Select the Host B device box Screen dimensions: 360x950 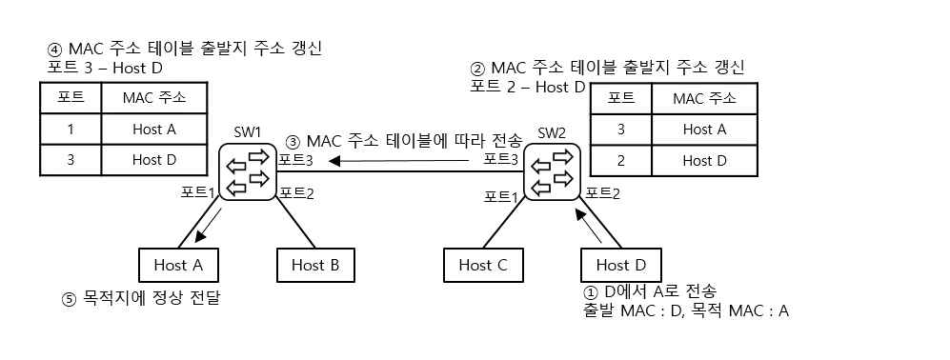pyautogui.click(x=315, y=265)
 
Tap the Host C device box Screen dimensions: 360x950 pyautogui.click(x=482, y=265)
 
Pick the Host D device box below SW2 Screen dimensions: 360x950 pyautogui.click(x=619, y=265)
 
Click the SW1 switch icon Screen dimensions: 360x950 pyautogui.click(x=247, y=171)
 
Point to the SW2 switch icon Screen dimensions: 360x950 pyautogui.click(x=552, y=171)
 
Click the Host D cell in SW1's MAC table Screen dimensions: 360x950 pyautogui.click(x=154, y=160)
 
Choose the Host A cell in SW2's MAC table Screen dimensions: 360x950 pyautogui.click(x=704, y=130)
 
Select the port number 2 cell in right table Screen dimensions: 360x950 pyautogui.click(x=621, y=161)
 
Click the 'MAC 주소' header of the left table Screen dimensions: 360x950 pyautogui.click(x=154, y=98)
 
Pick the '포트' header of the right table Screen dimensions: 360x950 pyautogui.click(x=621, y=98)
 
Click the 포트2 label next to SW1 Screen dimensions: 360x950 pyautogui.click(x=296, y=192)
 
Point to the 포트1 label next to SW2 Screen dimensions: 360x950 pyautogui.click(x=502, y=196)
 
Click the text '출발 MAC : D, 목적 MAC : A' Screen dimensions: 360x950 pyautogui.click(x=684, y=310)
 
